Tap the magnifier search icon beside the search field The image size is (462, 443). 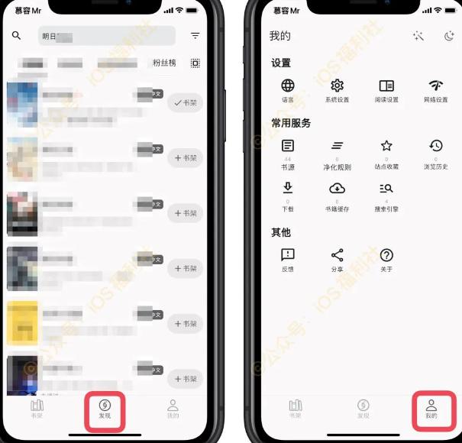coord(17,36)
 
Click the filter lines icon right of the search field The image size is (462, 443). coord(195,36)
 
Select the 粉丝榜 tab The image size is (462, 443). coord(164,63)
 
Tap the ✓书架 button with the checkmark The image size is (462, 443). coord(185,102)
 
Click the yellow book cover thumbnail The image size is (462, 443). coord(22,323)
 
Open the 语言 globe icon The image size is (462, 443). coord(288,86)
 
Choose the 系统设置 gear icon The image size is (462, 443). coord(337,86)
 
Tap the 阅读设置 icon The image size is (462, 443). coord(386,86)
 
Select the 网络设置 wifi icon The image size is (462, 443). coord(436,86)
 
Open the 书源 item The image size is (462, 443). coord(288,147)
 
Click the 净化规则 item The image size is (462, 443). coord(337,147)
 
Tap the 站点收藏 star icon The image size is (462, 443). coord(386,147)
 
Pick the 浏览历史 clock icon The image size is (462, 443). coord(436,147)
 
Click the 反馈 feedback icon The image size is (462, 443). coord(288,256)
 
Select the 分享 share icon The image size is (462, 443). coord(337,256)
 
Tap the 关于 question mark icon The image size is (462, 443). coord(386,256)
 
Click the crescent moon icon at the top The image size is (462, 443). coord(448,36)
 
